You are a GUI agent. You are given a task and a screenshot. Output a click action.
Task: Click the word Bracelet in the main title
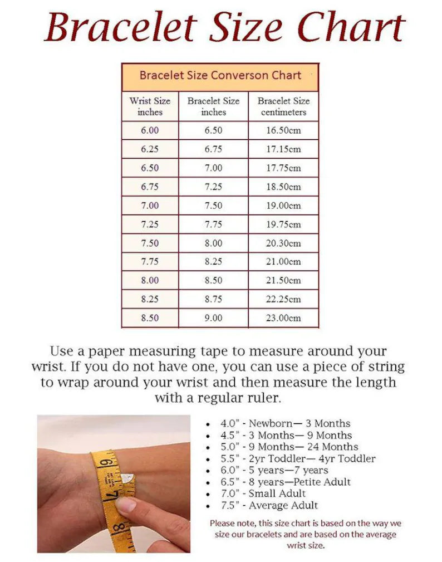pos(121,27)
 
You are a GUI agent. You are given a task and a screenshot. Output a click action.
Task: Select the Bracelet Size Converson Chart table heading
pos(220,76)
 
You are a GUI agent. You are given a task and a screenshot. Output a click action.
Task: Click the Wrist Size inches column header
pos(150,106)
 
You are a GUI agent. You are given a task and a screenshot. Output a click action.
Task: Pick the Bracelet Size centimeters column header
pos(283,106)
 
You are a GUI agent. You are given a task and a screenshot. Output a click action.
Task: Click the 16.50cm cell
pos(283,130)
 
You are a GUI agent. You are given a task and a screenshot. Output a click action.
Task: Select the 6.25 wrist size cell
pos(150,149)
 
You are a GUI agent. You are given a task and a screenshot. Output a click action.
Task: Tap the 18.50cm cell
pos(283,187)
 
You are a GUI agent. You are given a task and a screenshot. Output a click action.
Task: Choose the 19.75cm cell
pos(283,224)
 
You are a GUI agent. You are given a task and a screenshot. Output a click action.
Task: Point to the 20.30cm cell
pos(283,243)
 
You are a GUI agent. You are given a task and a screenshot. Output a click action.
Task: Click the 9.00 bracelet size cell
pos(213,318)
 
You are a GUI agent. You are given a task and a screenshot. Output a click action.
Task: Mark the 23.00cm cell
pos(283,318)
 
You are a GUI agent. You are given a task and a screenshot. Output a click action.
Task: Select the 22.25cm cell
pos(283,299)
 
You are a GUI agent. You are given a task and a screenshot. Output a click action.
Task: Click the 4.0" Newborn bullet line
pos(285,423)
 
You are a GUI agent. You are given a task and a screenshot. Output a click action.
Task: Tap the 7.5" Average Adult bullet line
pos(269,505)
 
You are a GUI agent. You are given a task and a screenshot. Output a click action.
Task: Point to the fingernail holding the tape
pos(125,505)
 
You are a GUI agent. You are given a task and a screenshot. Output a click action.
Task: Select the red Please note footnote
pos(305,534)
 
